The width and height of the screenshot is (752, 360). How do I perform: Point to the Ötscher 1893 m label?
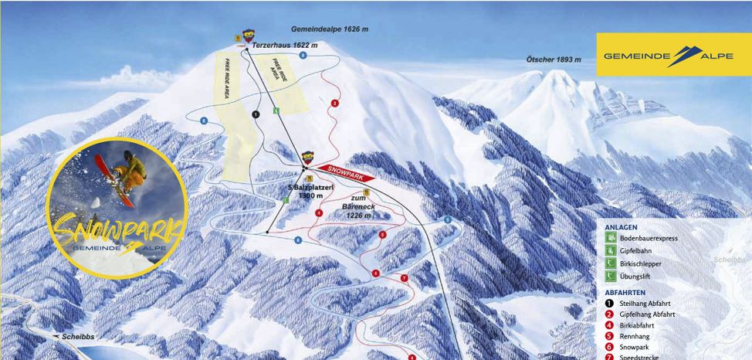pyautogui.click(x=554, y=59)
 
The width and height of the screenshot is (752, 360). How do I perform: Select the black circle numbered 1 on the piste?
pyautogui.click(x=256, y=114)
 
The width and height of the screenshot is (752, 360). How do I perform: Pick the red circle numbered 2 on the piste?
pyautogui.click(x=335, y=103)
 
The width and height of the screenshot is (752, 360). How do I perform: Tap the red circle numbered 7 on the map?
pyautogui.click(x=403, y=277)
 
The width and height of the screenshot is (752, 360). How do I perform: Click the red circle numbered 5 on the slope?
pyautogui.click(x=382, y=234)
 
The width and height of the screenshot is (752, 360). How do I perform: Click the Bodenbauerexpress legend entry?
pyautogui.click(x=648, y=239)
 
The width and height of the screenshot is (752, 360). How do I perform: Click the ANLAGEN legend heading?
pyautogui.click(x=622, y=227)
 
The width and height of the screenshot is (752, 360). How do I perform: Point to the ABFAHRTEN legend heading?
pyautogui.click(x=625, y=292)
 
